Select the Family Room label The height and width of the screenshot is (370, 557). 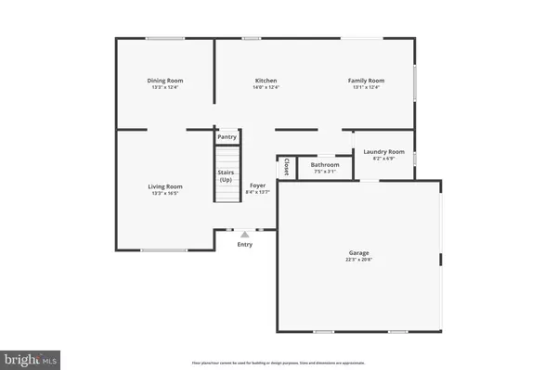366,81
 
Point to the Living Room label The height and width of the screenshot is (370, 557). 165,186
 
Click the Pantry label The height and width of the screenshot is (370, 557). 227,137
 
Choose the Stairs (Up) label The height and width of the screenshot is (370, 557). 226,175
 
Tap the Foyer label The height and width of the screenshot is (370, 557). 257,185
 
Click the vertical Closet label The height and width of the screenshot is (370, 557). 287,167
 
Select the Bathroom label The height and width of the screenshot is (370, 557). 325,165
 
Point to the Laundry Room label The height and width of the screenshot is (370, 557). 383,151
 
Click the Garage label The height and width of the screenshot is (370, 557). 358,252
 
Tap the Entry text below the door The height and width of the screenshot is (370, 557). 244,245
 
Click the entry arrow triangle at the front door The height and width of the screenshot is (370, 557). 244,235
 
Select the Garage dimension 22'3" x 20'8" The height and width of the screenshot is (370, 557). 358,260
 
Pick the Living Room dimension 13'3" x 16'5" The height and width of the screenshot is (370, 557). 165,194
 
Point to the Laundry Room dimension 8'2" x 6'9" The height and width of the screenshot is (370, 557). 383,159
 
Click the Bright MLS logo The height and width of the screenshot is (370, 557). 32,357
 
